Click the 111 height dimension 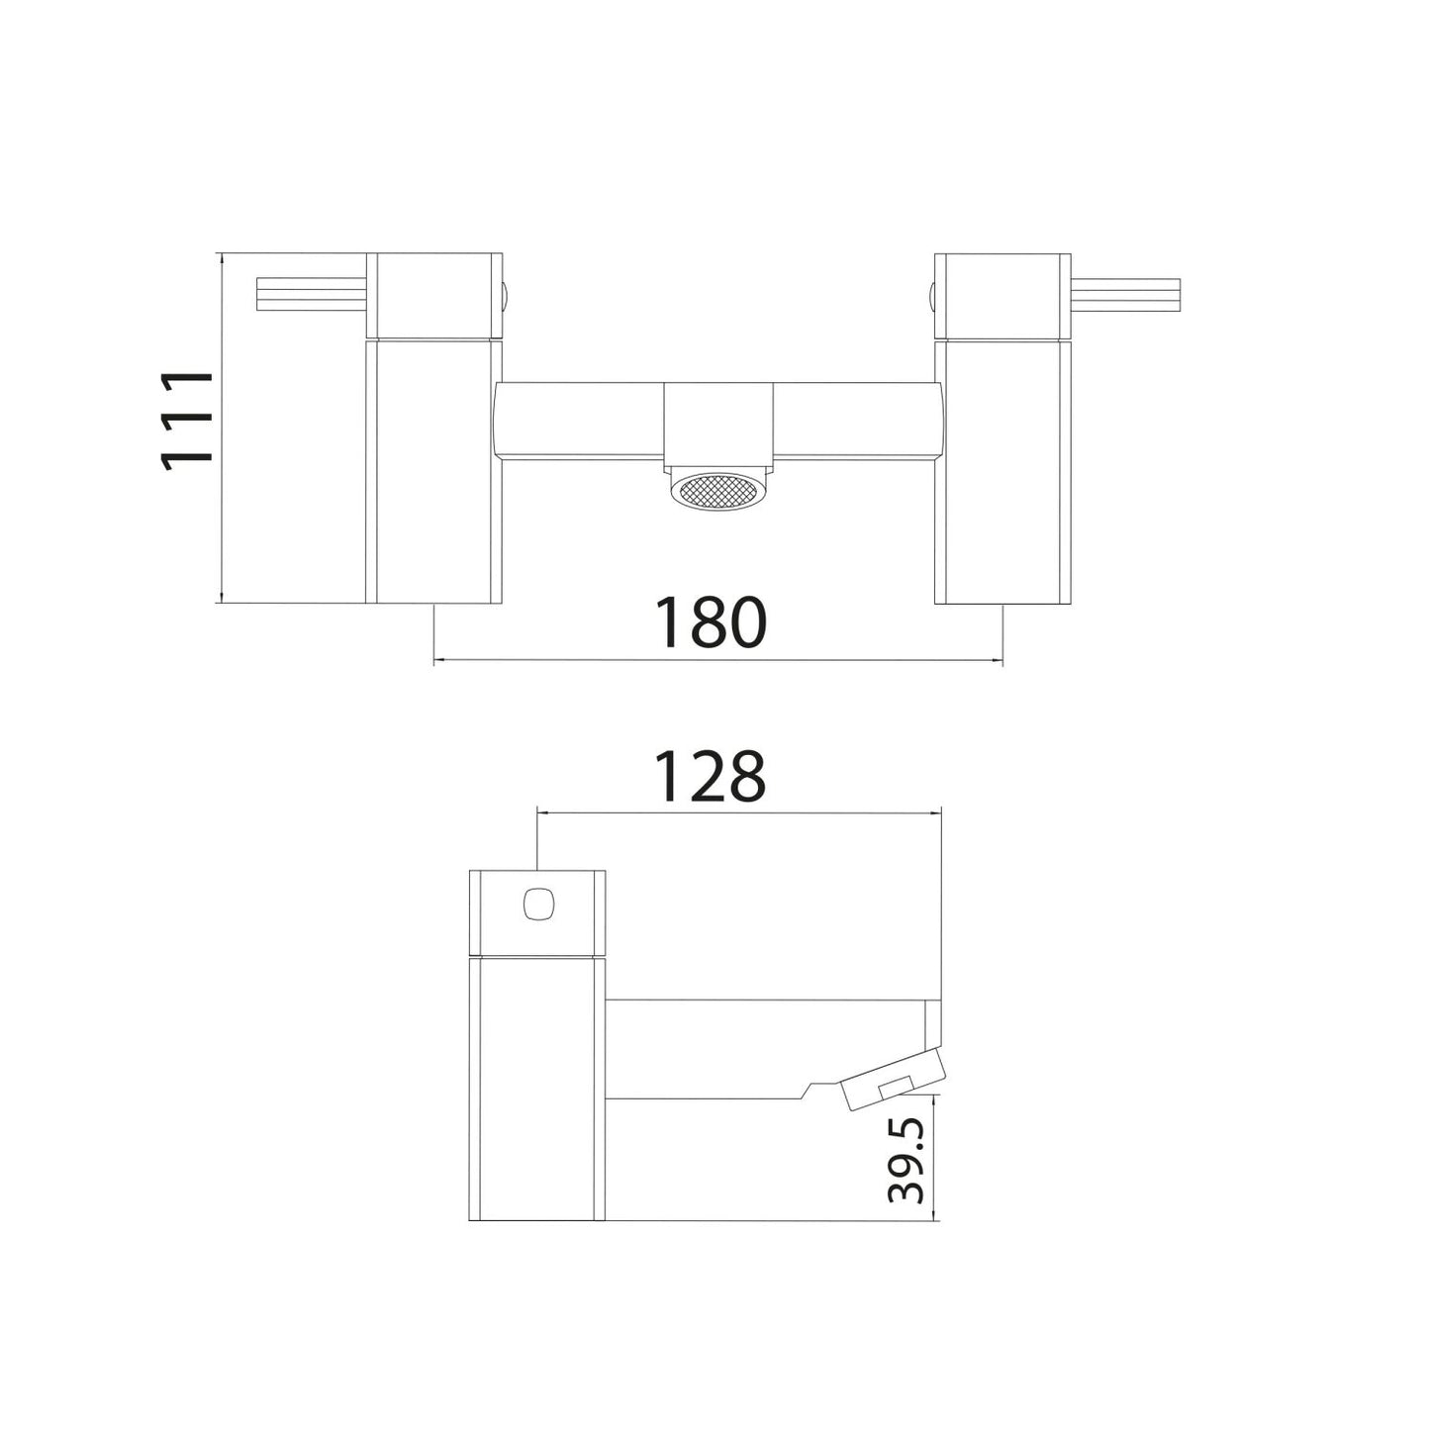(188, 419)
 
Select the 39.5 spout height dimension (906, 1161)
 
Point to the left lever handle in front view (311, 294)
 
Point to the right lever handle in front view (1126, 294)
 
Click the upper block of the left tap (435, 295)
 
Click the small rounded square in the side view (537, 904)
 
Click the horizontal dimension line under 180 (718, 659)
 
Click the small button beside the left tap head (507, 294)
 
